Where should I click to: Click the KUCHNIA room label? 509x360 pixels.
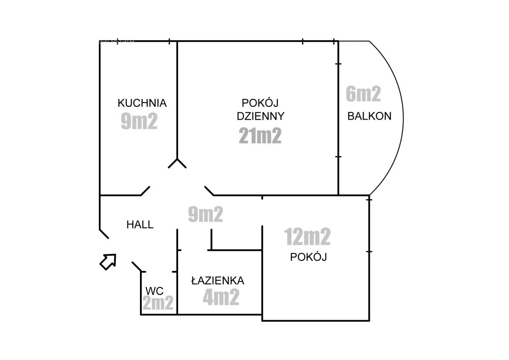(x=142, y=103)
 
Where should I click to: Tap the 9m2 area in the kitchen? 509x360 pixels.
(x=139, y=121)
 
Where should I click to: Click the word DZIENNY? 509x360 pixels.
(x=260, y=116)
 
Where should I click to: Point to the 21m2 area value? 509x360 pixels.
(x=260, y=135)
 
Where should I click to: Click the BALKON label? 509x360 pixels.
(x=369, y=116)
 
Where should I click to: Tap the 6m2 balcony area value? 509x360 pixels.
(x=363, y=94)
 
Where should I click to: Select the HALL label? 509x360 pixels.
(x=140, y=225)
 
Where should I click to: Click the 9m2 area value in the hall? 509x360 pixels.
(x=205, y=214)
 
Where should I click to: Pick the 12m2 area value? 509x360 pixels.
(x=307, y=237)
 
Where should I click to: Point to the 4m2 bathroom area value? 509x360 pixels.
(x=221, y=297)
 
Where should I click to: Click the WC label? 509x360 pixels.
(x=154, y=291)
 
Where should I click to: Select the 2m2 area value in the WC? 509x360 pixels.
(x=158, y=302)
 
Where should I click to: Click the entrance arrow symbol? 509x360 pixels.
(x=108, y=262)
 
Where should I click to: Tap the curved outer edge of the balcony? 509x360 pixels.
(x=403, y=118)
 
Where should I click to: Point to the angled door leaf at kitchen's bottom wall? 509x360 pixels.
(x=145, y=191)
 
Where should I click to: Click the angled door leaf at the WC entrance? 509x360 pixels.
(x=137, y=267)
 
